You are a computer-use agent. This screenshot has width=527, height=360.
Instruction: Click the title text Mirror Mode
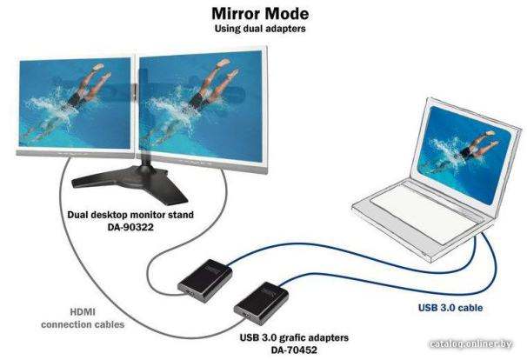tap(260, 14)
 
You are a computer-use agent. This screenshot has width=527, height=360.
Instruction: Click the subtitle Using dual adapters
tap(260, 29)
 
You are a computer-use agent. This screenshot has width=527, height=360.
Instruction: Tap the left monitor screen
tap(75, 103)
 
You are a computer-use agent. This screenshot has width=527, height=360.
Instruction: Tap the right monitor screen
tap(201, 105)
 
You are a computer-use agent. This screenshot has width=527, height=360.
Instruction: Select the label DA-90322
tap(130, 227)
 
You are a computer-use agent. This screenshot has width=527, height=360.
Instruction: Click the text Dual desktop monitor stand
tap(130, 215)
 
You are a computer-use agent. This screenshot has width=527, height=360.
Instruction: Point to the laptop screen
tap(464, 155)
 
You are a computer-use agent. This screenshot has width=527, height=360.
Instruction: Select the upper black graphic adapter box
tap(205, 280)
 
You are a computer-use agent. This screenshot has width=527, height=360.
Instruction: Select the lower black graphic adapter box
tap(261, 303)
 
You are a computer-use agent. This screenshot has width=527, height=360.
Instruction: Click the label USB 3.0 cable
tap(450, 308)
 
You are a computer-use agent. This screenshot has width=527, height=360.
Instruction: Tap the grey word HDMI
tap(83, 312)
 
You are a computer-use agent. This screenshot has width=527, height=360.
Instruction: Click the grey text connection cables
tap(83, 324)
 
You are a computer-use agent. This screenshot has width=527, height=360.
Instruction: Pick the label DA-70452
tap(294, 350)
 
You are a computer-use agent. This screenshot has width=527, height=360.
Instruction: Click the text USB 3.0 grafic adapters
tap(294, 337)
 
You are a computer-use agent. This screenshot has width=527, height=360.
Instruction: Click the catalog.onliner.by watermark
tap(470, 343)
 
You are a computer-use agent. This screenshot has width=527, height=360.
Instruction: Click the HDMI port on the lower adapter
tap(247, 317)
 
